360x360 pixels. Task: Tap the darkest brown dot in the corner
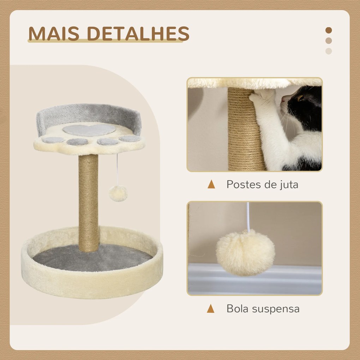pyautogui.click(x=329, y=30)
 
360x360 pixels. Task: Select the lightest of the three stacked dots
pyautogui.click(x=329, y=51)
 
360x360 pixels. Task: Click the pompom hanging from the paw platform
pyautogui.click(x=118, y=193)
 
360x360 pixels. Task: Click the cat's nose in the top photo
pyautogui.click(x=283, y=100)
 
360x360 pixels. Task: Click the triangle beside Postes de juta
pyautogui.click(x=211, y=184)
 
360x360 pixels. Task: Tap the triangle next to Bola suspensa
pyautogui.click(x=211, y=308)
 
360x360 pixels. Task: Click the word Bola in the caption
pyautogui.click(x=238, y=308)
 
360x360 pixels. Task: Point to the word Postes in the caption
pyautogui.click(x=244, y=184)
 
